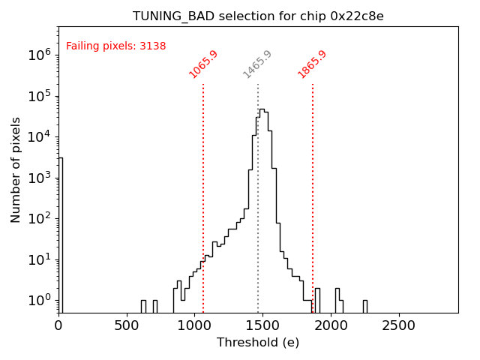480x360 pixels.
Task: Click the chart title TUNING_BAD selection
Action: [x=258, y=16]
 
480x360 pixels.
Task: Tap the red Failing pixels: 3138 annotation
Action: [x=116, y=46]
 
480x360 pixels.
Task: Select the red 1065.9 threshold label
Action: [x=203, y=64]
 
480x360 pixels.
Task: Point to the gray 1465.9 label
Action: [x=257, y=64]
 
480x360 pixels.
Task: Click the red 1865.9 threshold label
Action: [x=312, y=64]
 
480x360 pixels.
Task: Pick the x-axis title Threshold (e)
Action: [x=258, y=343]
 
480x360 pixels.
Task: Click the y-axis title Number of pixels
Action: [x=16, y=169]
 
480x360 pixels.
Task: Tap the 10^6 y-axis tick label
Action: [x=40, y=55]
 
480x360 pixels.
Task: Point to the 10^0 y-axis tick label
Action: [x=40, y=300]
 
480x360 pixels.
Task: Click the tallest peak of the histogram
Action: [x=262, y=110]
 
